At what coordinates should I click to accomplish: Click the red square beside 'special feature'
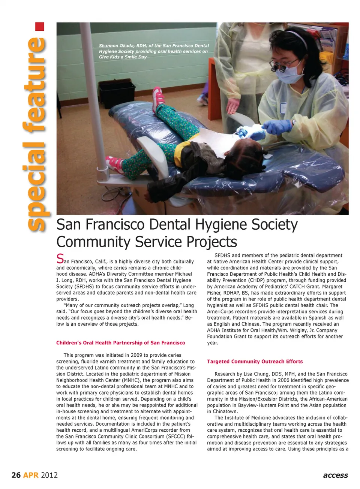pyautogui.click(x=40, y=27)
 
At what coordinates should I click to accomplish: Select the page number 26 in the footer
pyautogui.click(x=16, y=475)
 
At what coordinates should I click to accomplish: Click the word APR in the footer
pyautogui.click(x=31, y=475)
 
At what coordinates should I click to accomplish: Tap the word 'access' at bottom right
pyautogui.click(x=335, y=475)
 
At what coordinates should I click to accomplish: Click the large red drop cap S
pyautogui.click(x=60, y=259)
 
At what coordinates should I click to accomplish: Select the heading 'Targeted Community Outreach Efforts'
pyautogui.click(x=255, y=362)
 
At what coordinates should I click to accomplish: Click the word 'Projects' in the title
pyautogui.click(x=212, y=242)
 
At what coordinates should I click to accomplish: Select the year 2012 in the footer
pyautogui.click(x=49, y=475)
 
